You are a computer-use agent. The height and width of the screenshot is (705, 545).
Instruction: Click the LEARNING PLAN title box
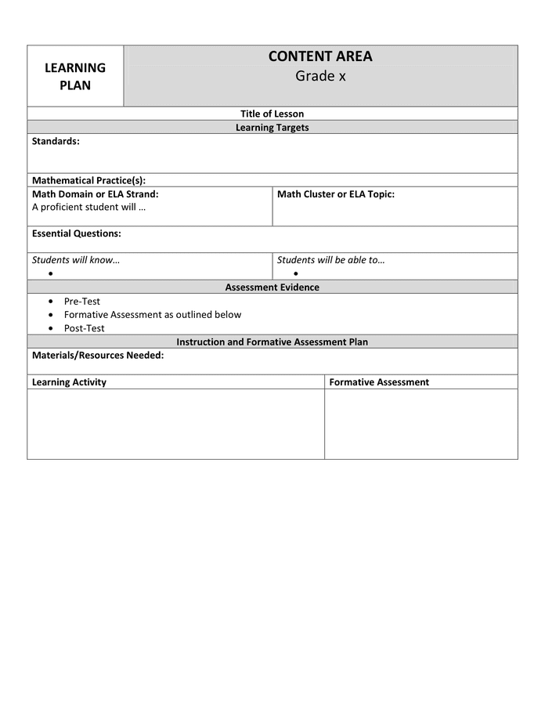(75, 76)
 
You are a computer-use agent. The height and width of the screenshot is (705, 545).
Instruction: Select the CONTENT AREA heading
(320, 56)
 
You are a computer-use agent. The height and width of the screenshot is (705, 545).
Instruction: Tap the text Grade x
(320, 76)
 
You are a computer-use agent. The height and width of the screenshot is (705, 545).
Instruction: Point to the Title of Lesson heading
(272, 114)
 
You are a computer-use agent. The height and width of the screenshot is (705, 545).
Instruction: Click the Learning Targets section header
(272, 127)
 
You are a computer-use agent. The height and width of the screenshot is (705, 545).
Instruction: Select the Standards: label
(56, 141)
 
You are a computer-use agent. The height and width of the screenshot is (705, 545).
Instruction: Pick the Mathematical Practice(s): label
(88, 180)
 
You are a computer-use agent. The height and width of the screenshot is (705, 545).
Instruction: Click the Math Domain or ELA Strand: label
(95, 193)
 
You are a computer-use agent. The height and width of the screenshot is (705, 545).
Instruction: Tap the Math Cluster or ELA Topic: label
(335, 193)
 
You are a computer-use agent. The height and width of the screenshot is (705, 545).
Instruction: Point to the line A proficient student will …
(88, 207)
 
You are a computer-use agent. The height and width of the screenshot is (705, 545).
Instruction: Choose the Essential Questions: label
(76, 233)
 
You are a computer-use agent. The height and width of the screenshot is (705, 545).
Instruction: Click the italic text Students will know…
(75, 260)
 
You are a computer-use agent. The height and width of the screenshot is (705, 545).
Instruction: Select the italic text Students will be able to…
(330, 260)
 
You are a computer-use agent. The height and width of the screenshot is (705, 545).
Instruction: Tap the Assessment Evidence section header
(272, 287)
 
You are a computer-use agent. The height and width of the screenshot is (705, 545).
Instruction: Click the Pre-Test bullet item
(82, 301)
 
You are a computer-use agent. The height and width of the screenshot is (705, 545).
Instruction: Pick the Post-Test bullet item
(84, 328)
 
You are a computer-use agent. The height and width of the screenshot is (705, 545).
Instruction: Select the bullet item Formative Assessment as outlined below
(153, 314)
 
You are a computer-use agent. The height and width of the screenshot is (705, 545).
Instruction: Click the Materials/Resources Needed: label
(97, 355)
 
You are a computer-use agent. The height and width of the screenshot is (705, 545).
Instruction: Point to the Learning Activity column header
(69, 382)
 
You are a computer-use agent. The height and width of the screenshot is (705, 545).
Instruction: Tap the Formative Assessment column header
(379, 382)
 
